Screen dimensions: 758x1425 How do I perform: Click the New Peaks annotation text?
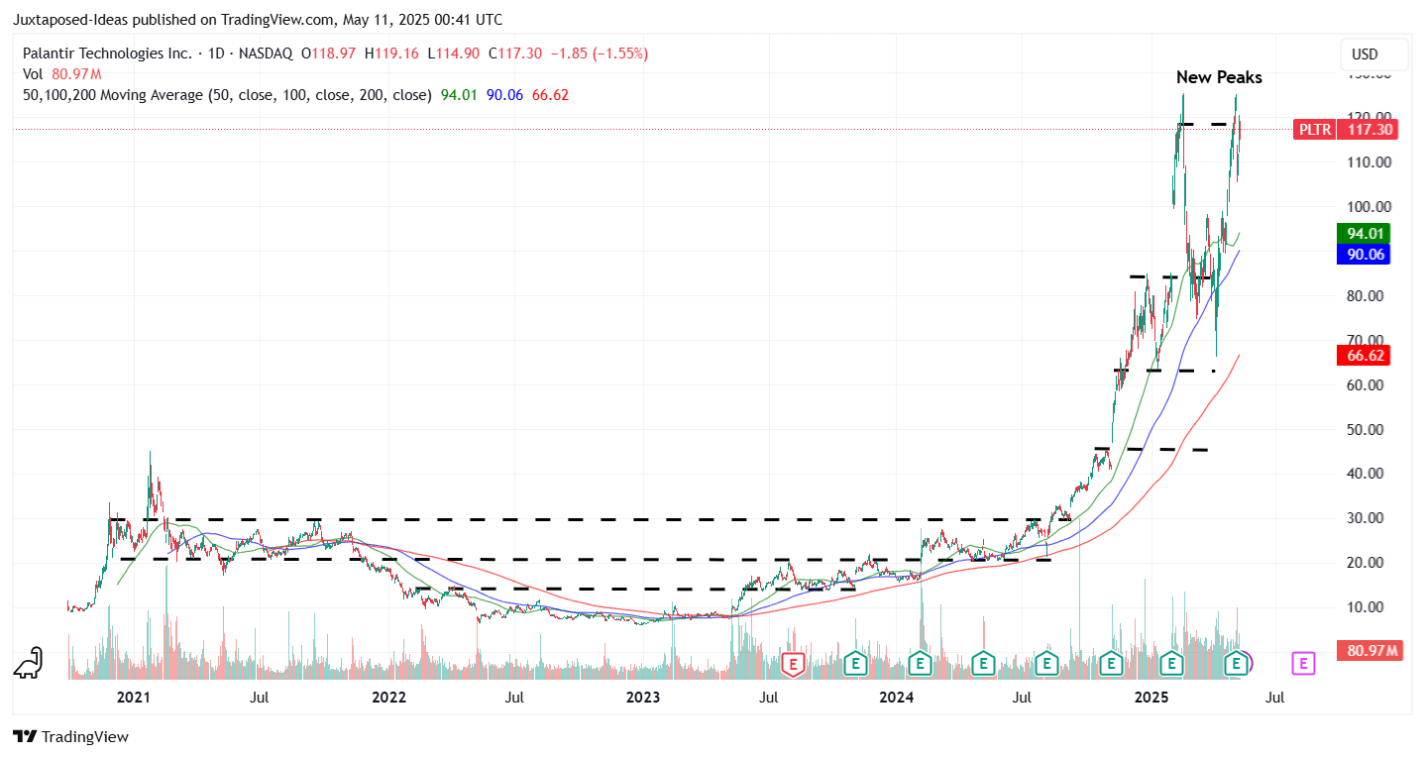1219,77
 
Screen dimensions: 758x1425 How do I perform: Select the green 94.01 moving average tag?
1363,234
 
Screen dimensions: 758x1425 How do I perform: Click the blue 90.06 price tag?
1363,254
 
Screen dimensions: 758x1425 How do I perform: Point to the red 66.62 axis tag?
1363,355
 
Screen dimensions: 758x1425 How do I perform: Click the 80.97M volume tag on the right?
1371,651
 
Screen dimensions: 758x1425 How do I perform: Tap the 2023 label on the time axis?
643,698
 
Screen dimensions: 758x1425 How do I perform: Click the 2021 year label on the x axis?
133,698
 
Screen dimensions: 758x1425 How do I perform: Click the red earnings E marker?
792,663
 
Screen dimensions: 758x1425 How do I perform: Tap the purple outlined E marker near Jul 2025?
1303,663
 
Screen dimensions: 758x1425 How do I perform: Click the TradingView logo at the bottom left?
71,737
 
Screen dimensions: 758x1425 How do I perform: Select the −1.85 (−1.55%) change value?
599,54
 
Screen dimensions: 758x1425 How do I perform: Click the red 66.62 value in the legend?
550,95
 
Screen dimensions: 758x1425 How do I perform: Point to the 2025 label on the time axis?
1151,698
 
